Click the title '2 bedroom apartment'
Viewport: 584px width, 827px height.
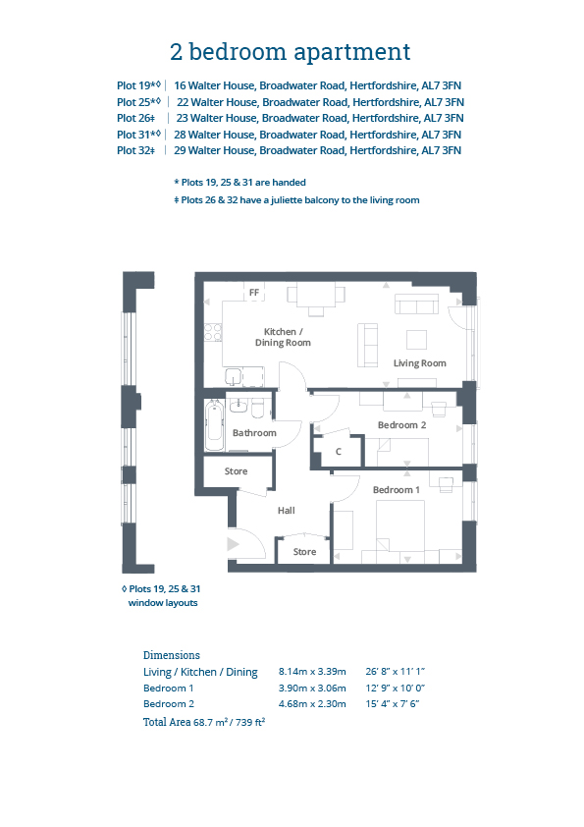coord(290,52)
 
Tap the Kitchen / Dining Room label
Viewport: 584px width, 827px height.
coord(283,337)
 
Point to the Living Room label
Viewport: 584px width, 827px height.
coord(419,362)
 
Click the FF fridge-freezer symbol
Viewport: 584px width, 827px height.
coord(254,292)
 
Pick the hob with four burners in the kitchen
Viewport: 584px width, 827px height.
coord(212,332)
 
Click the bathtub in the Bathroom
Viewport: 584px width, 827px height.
coord(214,425)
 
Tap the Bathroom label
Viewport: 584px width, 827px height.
coord(254,433)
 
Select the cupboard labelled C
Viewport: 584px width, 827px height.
coord(338,452)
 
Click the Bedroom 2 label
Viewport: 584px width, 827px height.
coord(401,425)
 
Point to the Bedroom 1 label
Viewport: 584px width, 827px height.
coord(397,490)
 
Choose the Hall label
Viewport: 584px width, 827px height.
coord(287,511)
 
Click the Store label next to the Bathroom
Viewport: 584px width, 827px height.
coord(237,471)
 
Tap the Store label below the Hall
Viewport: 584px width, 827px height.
coord(304,552)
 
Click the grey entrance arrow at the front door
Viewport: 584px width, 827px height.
coord(233,544)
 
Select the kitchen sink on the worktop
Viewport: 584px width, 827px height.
coord(233,376)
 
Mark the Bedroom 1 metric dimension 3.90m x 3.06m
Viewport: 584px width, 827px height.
coord(312,689)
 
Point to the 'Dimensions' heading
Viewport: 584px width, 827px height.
coord(172,655)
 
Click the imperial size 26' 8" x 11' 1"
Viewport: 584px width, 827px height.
coord(396,672)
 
